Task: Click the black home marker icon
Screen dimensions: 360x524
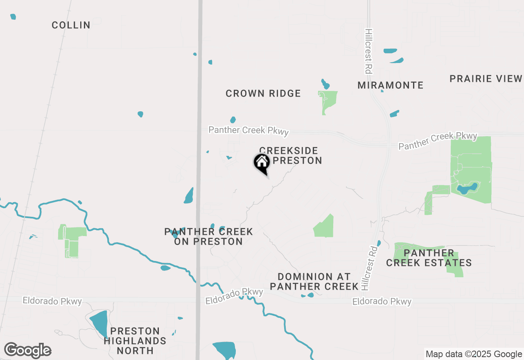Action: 262,163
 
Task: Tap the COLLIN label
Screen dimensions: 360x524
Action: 71,25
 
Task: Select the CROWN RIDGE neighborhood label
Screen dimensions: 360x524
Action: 263,93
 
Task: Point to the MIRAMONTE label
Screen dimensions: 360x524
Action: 390,85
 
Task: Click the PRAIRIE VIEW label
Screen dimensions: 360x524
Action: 486,79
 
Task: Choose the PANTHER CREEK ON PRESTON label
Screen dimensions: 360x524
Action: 208,236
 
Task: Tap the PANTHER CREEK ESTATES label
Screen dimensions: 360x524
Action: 429,258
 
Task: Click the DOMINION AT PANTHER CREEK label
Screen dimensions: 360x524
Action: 314,281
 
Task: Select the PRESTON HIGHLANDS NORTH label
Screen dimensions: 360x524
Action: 135,340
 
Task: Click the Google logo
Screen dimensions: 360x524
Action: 27,351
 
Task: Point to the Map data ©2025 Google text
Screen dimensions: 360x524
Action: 474,354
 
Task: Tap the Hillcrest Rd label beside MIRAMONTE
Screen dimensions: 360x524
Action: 368,51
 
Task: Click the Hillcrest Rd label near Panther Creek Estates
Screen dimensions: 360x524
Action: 367,268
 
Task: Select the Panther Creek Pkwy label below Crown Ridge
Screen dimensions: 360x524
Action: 248,130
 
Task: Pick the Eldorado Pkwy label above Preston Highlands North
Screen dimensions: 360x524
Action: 52,301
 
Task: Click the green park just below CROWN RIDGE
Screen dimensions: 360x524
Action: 329,101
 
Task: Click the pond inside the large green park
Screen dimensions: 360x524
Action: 467,189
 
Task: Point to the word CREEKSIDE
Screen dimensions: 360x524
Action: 289,151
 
